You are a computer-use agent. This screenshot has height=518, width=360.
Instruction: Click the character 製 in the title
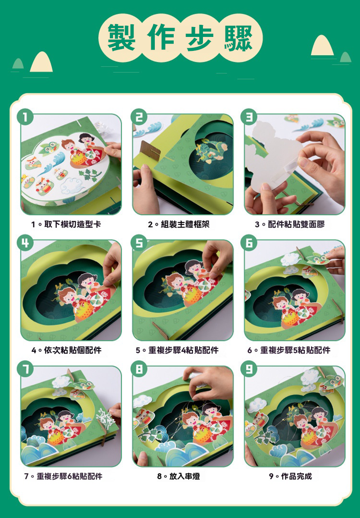121,38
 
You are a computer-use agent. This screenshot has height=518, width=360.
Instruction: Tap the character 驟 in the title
238,38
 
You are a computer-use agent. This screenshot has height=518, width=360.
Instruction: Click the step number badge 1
25,117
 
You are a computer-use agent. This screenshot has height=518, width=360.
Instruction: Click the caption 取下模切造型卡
72,224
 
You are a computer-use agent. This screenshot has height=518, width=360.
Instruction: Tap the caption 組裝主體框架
185,224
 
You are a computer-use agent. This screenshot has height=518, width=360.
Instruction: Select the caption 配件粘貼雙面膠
296,224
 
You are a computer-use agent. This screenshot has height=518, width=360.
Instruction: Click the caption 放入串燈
184,476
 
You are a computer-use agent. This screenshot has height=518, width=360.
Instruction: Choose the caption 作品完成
296,476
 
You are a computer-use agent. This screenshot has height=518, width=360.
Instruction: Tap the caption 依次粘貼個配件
72,350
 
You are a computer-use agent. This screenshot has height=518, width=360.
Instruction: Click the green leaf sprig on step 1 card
89,174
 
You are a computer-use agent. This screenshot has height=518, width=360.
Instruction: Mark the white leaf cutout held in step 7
106,417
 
